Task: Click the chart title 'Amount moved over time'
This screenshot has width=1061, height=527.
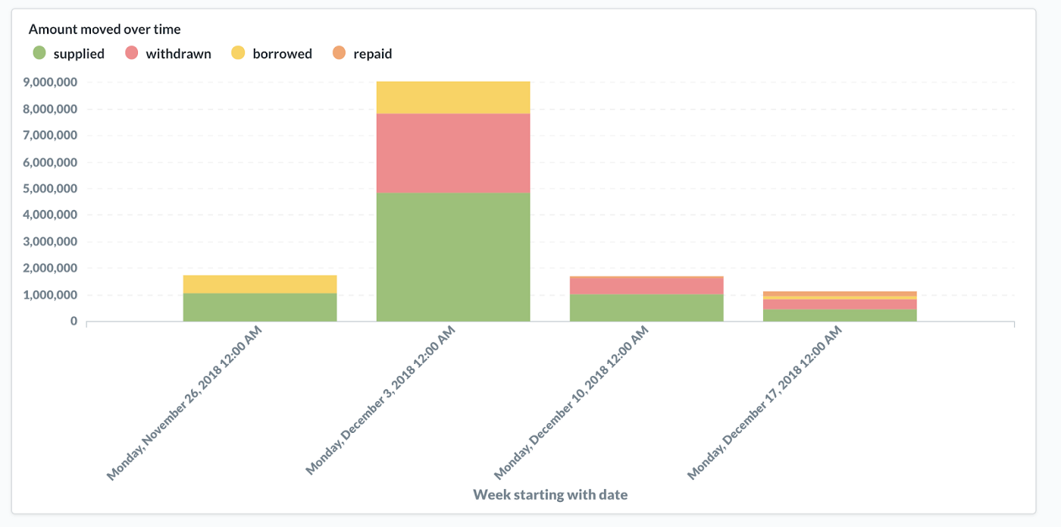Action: pos(105,30)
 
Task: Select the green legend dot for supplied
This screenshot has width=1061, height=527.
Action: pos(39,52)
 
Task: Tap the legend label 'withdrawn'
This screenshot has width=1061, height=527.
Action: pos(179,54)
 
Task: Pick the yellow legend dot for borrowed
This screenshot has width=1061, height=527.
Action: pos(238,52)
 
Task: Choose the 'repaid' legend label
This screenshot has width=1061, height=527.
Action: pos(373,54)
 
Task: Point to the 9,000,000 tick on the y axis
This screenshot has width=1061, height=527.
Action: pos(50,83)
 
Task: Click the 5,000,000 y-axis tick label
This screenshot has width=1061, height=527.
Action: pos(50,189)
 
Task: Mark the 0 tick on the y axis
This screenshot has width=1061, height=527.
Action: pos(74,322)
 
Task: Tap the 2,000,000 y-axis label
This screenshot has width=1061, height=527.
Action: pos(50,268)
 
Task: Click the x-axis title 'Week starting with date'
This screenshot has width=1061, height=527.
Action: pos(550,494)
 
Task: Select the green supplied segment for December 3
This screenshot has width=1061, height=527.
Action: pos(453,257)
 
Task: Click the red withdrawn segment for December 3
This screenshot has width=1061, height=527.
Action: pos(453,153)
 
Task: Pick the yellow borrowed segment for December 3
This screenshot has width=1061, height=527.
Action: pos(453,98)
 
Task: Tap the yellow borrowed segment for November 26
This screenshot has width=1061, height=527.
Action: pos(260,284)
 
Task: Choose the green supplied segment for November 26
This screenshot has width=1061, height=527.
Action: pos(260,307)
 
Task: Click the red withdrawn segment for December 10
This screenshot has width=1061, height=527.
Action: pos(646,286)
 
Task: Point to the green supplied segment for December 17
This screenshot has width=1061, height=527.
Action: pos(840,315)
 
